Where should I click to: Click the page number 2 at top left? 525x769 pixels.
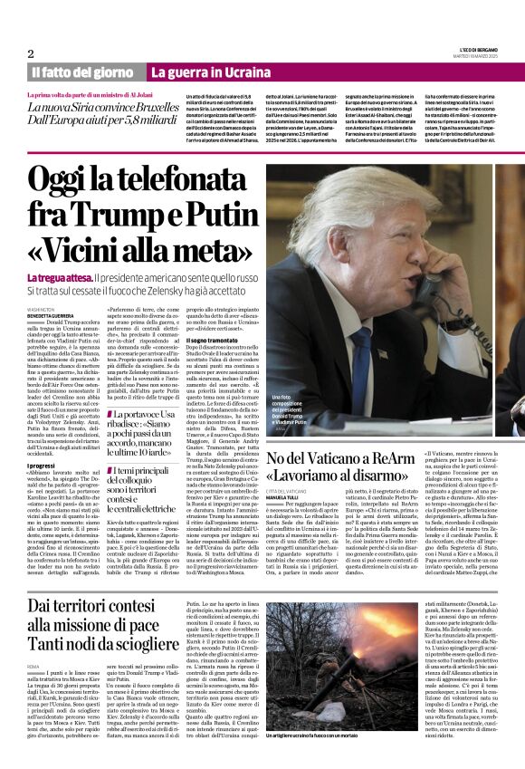click(x=31, y=54)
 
